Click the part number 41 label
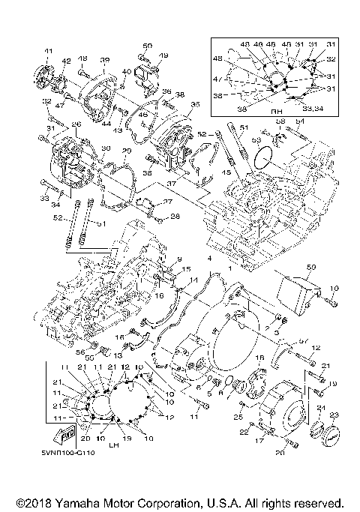(x=48, y=51)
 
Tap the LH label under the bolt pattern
(x=114, y=444)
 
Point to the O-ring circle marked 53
(x=260, y=158)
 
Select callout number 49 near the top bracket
(x=164, y=56)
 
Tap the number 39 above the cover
(x=105, y=60)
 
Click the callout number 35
(x=195, y=106)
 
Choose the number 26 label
(x=75, y=124)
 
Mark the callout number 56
(x=77, y=350)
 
